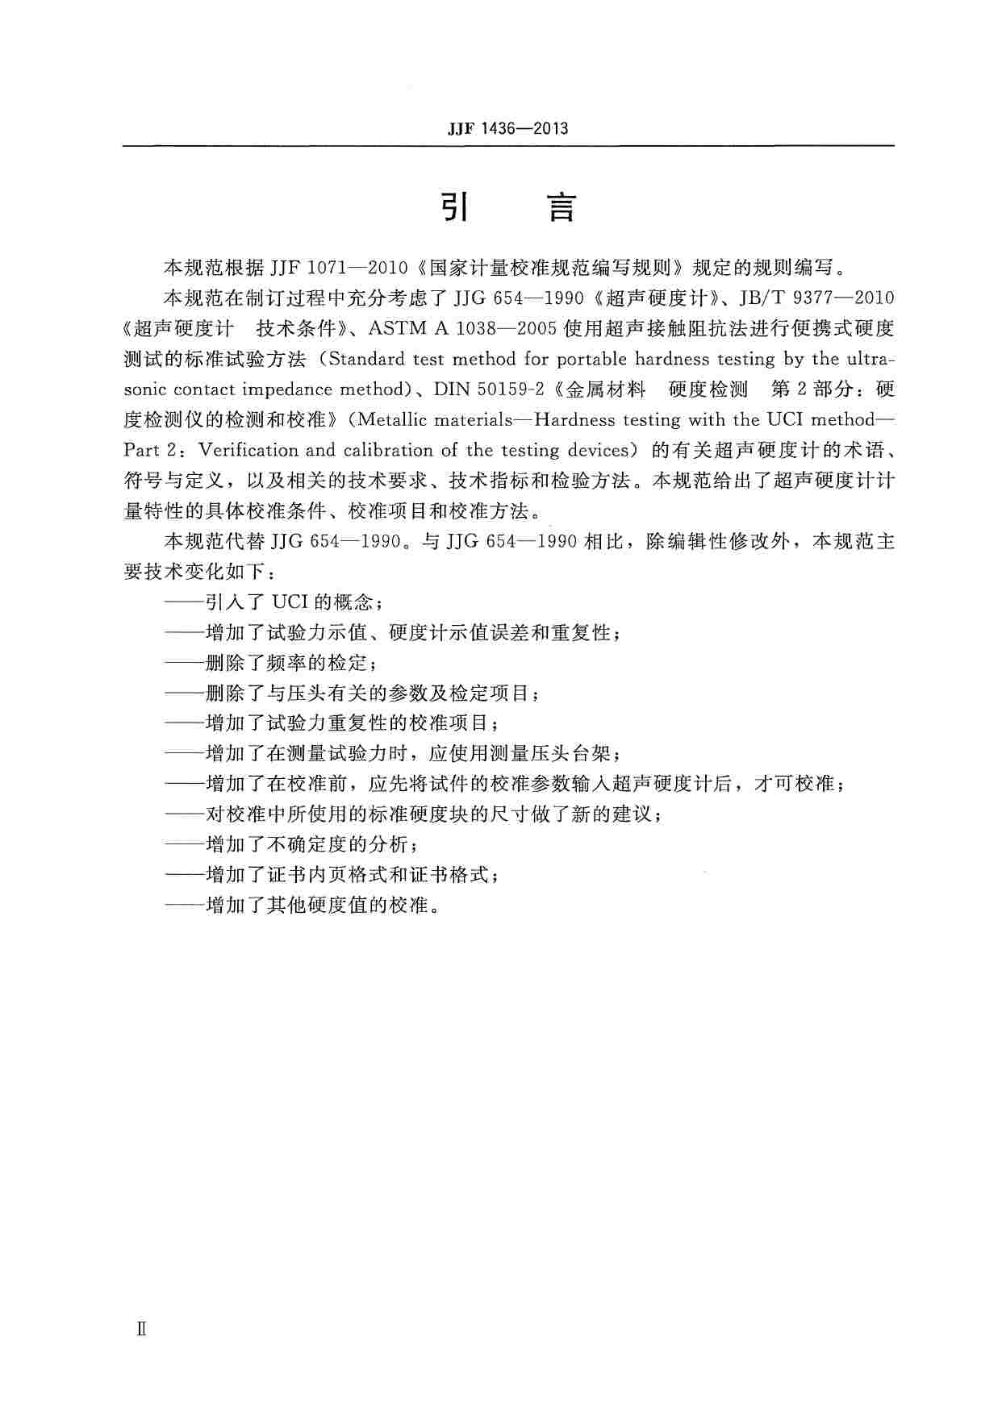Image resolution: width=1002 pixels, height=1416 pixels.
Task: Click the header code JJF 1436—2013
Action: coord(507,128)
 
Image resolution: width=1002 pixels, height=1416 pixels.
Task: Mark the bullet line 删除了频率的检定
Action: coord(272,663)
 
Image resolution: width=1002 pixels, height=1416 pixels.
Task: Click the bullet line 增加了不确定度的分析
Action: coord(292,845)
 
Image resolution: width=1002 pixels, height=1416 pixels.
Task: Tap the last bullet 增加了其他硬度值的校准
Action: coord(303,906)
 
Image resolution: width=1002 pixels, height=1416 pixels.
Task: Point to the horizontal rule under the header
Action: coord(507,146)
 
